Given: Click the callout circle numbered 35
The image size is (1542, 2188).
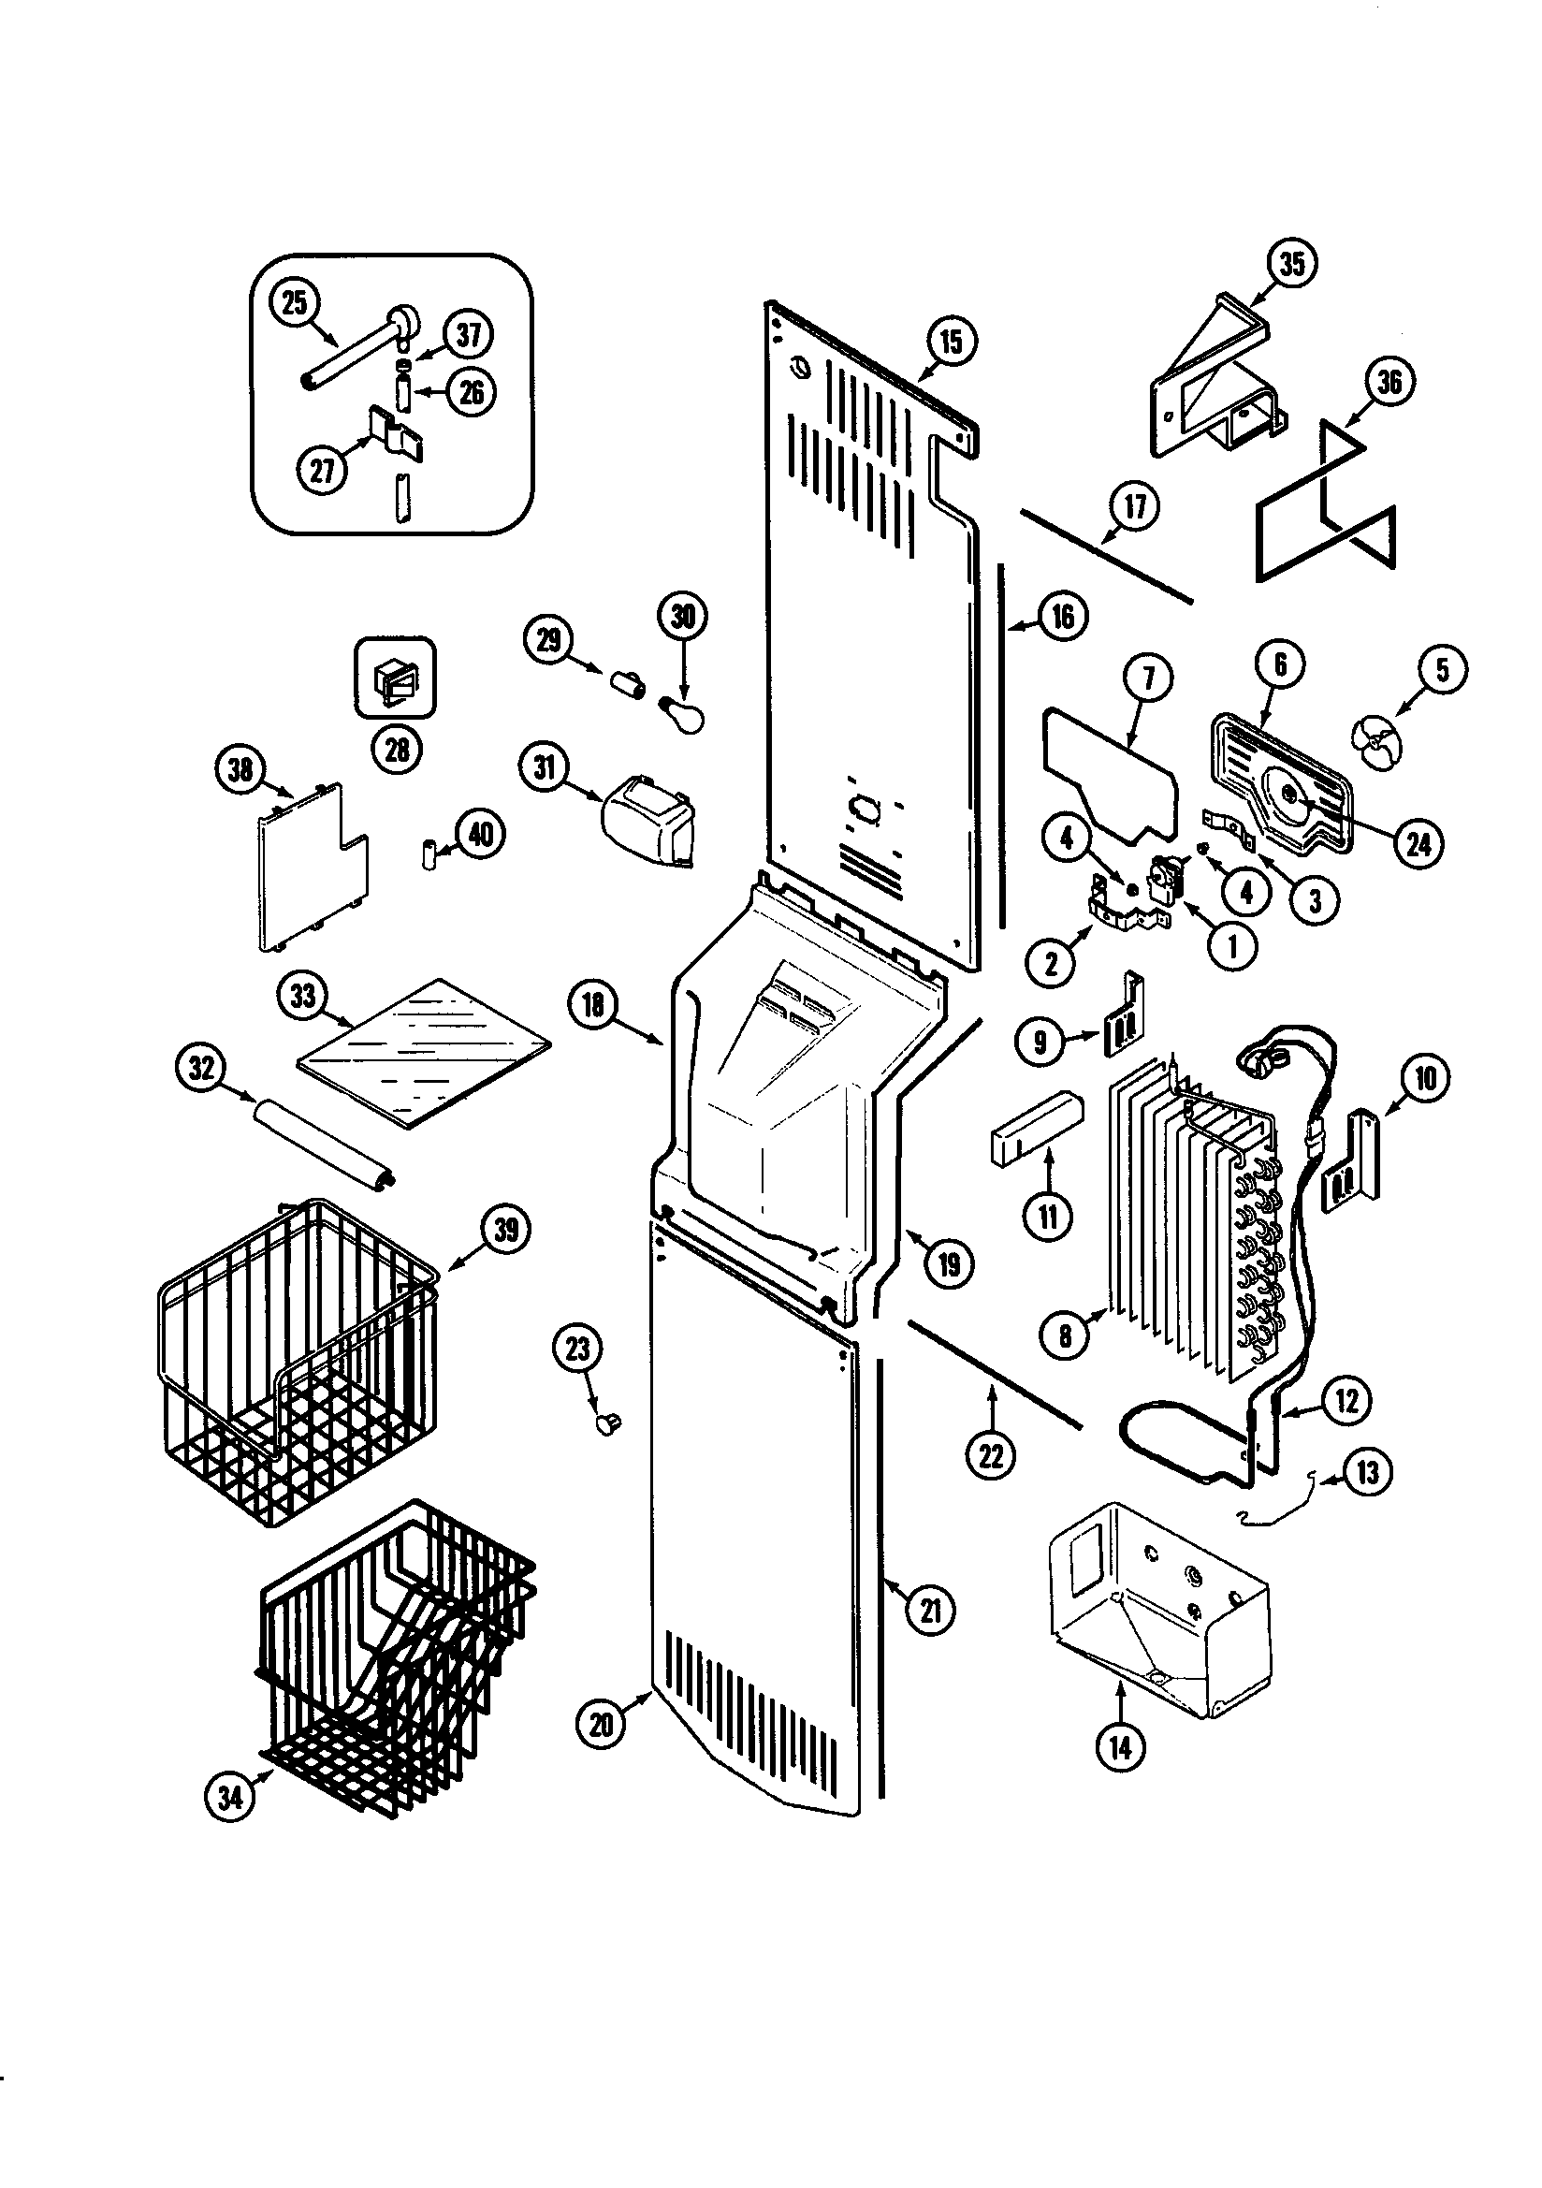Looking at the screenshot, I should coord(1291,263).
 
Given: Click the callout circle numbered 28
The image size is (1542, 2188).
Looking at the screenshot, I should coord(397,749).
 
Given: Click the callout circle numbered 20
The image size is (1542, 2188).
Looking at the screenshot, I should coord(602,1723).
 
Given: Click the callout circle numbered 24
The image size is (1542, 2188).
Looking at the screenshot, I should coord(1418,843).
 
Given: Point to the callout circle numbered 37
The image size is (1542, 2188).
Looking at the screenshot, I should coord(469,334).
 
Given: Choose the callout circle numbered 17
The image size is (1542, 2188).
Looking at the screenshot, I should coord(1134,506).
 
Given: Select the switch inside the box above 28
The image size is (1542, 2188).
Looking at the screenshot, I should coord(396,678).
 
